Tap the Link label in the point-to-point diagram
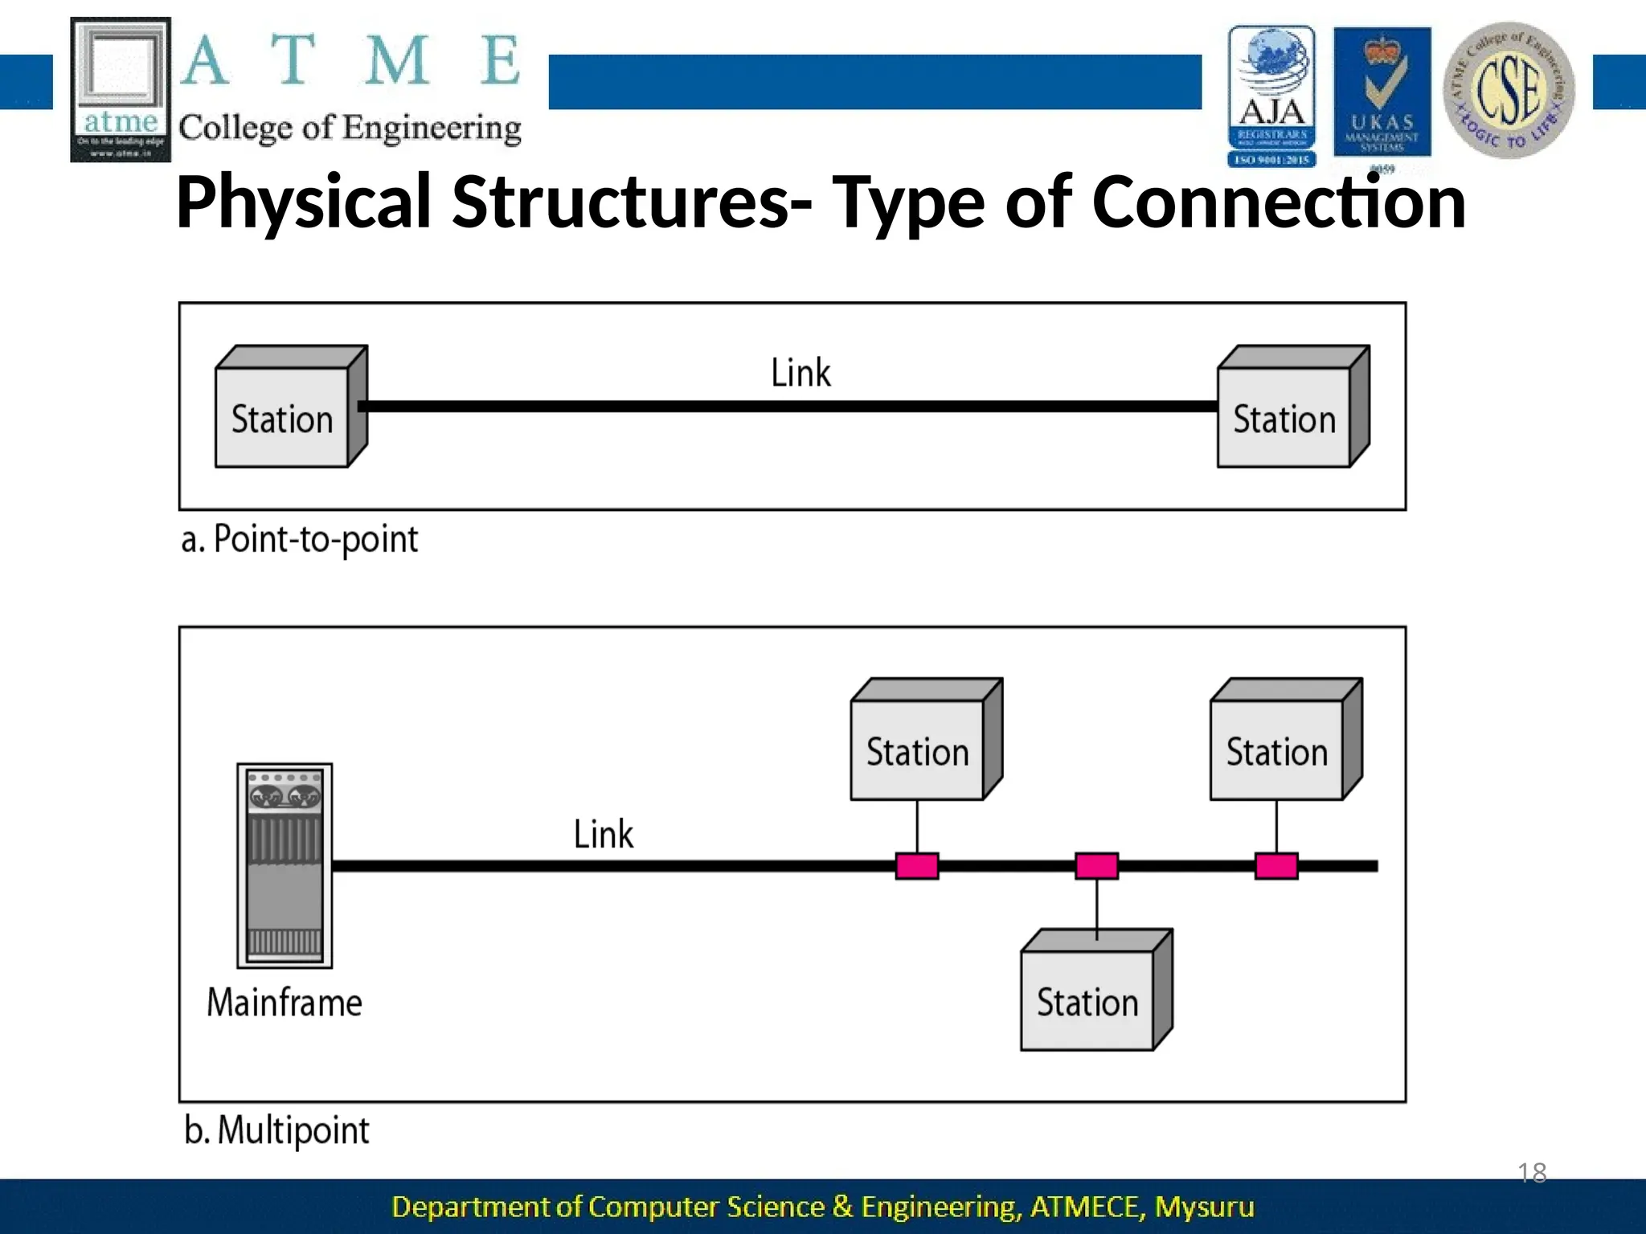coord(800,374)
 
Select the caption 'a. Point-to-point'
coord(300,539)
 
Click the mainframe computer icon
coord(285,866)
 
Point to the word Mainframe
coord(285,1003)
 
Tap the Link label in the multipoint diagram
coord(604,835)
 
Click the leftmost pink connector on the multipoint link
coord(917,866)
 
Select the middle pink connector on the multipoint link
coord(1097,866)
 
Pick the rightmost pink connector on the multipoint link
coord(1276,866)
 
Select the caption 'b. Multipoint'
coord(276,1130)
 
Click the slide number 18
coord(1532,1173)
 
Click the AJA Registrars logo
coord(1271,96)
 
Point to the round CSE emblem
coord(1509,90)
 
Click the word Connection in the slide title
coord(1279,202)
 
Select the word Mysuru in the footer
coord(1204,1207)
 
